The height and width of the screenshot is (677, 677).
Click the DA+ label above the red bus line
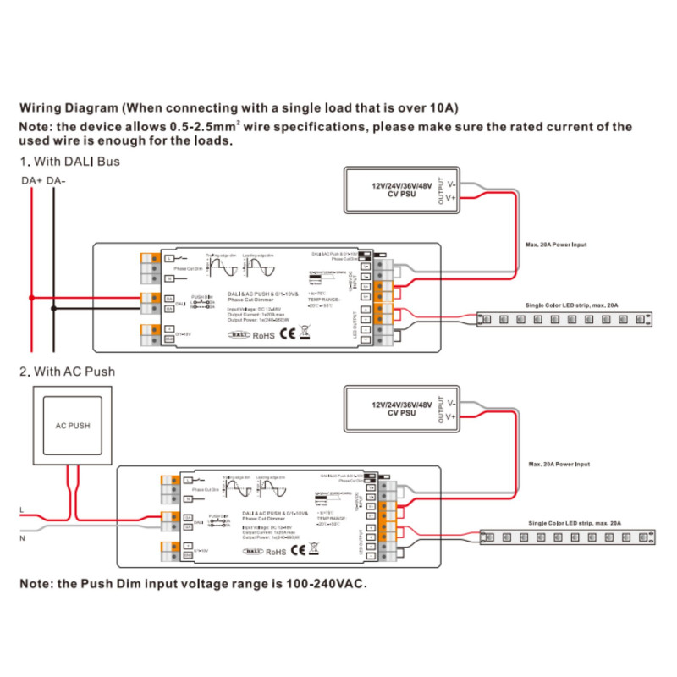(31, 181)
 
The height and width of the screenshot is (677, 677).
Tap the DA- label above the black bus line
(57, 181)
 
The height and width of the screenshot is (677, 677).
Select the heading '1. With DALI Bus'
(69, 161)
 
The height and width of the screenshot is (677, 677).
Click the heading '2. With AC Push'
(67, 372)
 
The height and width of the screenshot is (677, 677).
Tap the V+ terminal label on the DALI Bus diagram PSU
(452, 198)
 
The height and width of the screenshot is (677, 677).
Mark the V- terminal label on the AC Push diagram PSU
(452, 403)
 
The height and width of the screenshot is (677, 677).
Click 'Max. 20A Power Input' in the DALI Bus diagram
(556, 245)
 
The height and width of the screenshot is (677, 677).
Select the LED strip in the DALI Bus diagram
(565, 320)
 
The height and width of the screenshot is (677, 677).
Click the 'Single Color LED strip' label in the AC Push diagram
(574, 524)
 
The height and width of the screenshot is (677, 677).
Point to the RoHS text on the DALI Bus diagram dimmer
(265, 335)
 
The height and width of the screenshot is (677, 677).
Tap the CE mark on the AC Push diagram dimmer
(298, 550)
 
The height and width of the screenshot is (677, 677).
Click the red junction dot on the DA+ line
(31, 298)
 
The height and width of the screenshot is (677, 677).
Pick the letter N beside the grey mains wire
(22, 537)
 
